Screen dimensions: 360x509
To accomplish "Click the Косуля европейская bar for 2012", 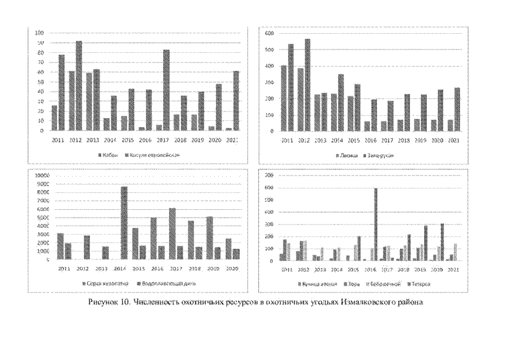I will point(79,85).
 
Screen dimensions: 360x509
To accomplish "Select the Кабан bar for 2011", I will point(55,118).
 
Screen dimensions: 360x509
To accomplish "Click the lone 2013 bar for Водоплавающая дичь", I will point(106,253).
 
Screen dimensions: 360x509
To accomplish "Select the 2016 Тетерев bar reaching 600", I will point(375,224).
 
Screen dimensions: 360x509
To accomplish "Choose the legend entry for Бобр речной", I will point(381,283).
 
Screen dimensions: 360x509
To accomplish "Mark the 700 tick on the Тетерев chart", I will point(268,175).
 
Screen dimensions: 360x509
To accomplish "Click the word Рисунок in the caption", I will point(103,303).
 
